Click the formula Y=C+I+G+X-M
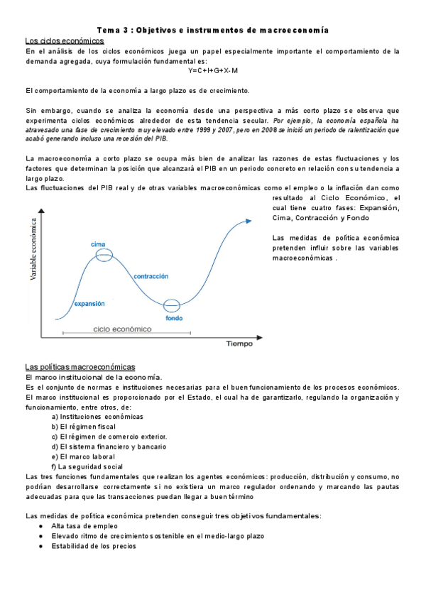tap(213, 71)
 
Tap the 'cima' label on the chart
tap(98, 244)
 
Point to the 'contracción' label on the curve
tap(151, 275)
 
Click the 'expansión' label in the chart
tap(89, 303)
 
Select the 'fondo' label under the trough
tap(174, 318)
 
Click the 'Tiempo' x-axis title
tap(239, 344)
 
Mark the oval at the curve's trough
tap(173, 306)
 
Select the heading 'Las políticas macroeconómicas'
tap(80, 366)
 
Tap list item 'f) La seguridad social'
tap(92, 466)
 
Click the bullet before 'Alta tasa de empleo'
tap(44, 526)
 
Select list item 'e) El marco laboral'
tap(86, 456)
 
